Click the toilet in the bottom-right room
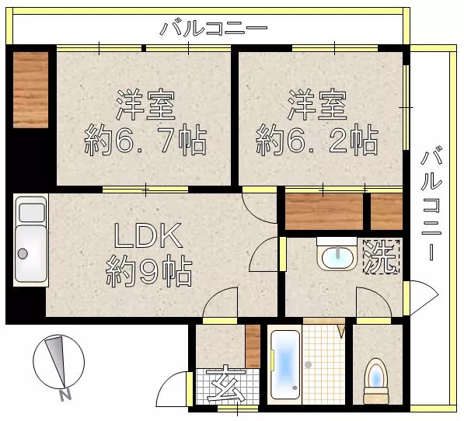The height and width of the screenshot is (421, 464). click(376, 381)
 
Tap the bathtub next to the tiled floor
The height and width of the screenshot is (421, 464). click(285, 364)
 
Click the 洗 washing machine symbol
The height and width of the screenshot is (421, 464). click(382, 256)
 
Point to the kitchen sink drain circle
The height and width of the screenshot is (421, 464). click(23, 253)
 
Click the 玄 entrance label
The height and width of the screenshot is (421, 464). click(226, 384)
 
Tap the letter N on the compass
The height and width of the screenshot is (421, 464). click(65, 395)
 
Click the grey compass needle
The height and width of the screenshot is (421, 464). click(56, 361)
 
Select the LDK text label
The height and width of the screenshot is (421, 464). click(148, 235)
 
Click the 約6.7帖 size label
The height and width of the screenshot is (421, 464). click(145, 140)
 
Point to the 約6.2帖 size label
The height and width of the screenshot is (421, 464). click(317, 140)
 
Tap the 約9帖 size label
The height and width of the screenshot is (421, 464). click(149, 271)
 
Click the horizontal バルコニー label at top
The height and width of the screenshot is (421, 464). click(214, 28)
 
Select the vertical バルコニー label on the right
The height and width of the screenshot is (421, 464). click(431, 203)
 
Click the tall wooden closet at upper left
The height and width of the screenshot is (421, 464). click(31, 90)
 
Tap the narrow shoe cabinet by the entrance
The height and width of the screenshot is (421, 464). click(253, 346)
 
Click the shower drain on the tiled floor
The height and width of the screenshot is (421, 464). click(308, 364)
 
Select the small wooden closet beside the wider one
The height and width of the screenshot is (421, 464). click(386, 211)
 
